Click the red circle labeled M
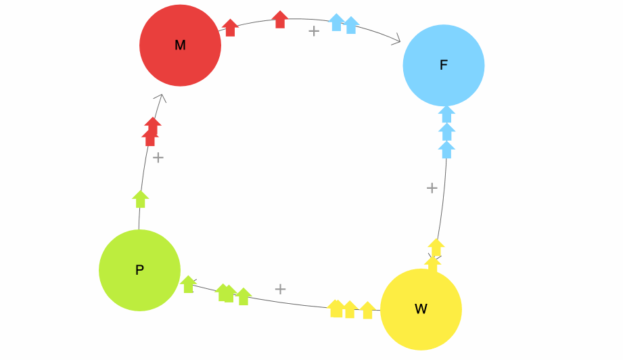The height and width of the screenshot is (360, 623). [180, 45]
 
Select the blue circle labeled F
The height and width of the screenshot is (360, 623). [444, 66]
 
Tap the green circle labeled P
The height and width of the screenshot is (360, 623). [139, 270]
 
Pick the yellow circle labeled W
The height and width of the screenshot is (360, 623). [421, 309]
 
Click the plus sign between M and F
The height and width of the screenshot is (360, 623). [314, 30]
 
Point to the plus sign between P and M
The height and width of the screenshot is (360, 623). [158, 158]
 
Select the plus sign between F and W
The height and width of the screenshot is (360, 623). [432, 188]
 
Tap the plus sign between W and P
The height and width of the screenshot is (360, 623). [280, 289]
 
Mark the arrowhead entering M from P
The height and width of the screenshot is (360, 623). [162, 98]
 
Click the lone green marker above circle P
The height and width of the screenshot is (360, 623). [141, 199]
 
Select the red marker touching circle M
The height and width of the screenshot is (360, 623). [230, 28]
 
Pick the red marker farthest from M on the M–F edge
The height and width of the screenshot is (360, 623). [280, 20]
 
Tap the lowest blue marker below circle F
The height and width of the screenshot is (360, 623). [446, 150]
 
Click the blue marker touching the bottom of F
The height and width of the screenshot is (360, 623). [446, 114]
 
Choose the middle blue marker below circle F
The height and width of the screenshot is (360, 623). [446, 131]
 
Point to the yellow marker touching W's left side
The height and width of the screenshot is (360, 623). [367, 310]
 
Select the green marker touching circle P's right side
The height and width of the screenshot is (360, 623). [188, 284]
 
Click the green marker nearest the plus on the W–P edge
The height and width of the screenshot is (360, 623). [244, 296]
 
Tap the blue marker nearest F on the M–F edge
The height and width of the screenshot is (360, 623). [351, 25]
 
